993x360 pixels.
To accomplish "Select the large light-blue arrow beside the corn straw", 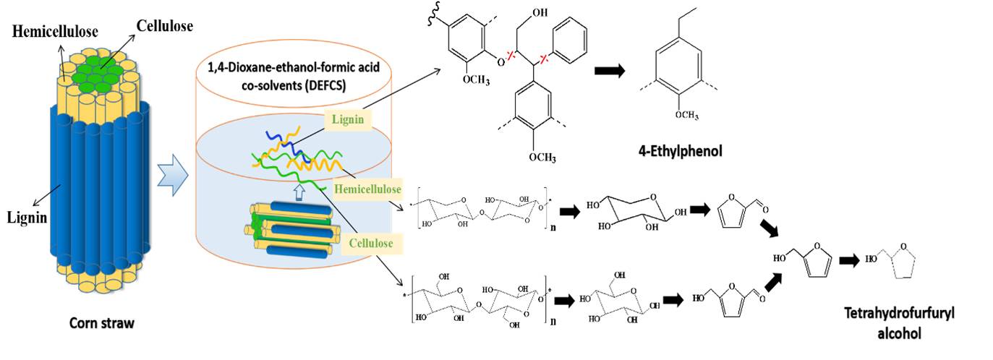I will point(173,174).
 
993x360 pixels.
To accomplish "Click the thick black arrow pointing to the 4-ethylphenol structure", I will point(611,72).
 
